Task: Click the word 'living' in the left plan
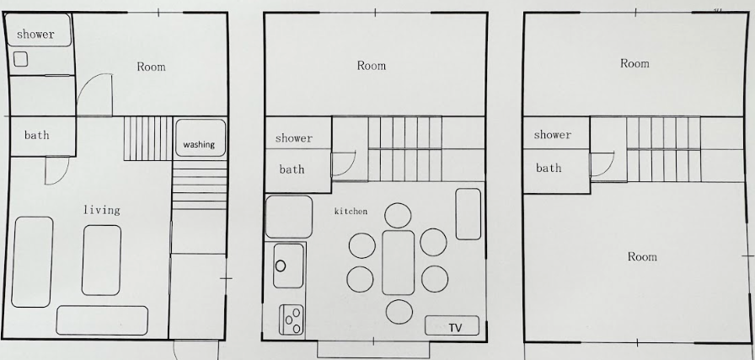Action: [102, 210]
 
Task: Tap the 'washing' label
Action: [199, 144]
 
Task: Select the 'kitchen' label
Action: [351, 211]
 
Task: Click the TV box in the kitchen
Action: [452, 325]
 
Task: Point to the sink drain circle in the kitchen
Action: [281, 266]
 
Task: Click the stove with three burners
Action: [292, 320]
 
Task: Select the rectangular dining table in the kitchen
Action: [399, 262]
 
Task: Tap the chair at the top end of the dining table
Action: [399, 216]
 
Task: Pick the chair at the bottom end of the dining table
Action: [399, 312]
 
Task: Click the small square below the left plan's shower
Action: [21, 59]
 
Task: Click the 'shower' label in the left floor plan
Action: [35, 35]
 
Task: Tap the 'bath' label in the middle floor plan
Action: [292, 169]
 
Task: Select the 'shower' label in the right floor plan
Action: [552, 134]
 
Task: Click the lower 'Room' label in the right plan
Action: [642, 257]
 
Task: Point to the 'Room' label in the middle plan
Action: [372, 66]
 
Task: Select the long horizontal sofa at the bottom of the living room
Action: [102, 320]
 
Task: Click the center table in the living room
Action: [101, 261]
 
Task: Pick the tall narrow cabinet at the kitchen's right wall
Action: [468, 214]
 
